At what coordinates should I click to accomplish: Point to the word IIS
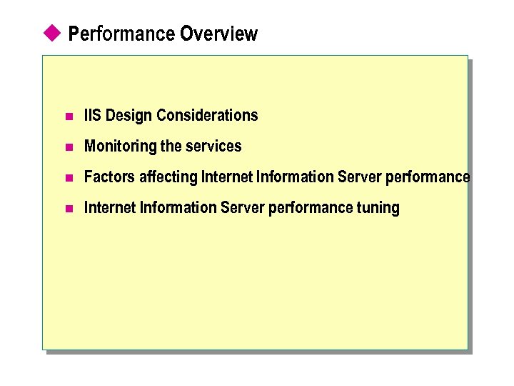coord(93,115)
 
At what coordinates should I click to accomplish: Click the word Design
coord(128,115)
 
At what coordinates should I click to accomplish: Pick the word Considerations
coord(207,115)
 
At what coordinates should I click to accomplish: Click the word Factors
coord(109,177)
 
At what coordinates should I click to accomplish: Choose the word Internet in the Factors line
coord(226,177)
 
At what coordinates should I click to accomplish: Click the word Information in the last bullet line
coord(177,207)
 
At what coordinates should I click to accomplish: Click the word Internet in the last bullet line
coord(109,207)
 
